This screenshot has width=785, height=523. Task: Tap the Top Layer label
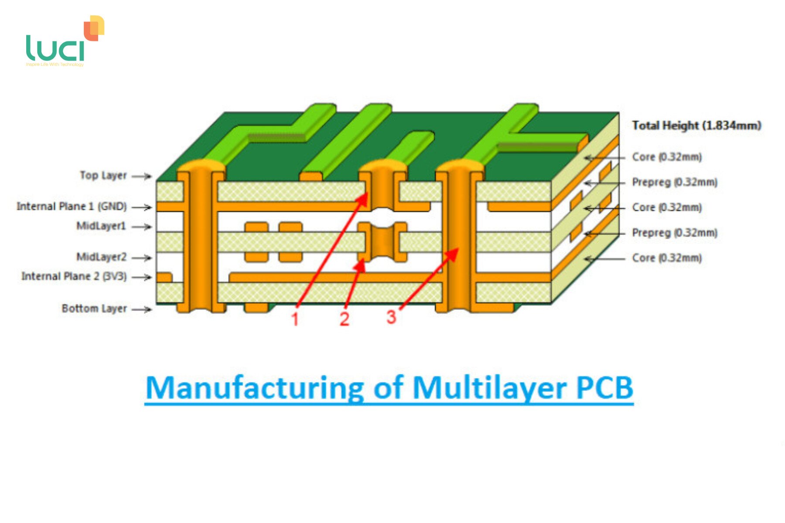[103, 175]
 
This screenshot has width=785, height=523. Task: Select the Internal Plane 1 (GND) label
[72, 206]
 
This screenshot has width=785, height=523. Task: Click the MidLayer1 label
[101, 226]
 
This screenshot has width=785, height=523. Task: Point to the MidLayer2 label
[101, 257]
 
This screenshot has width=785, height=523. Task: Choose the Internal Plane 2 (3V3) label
[74, 276]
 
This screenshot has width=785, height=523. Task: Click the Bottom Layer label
[94, 309]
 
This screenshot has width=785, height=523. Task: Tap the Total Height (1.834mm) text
[696, 126]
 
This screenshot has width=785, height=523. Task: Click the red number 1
[295, 319]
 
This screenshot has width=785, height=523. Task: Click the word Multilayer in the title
[488, 387]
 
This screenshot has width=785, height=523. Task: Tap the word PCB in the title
[604, 387]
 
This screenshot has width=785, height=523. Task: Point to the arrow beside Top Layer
[142, 177]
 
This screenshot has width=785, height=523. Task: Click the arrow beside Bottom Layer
[142, 309]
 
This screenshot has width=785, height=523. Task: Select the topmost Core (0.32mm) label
[667, 157]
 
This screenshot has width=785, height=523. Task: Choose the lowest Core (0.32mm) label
[667, 258]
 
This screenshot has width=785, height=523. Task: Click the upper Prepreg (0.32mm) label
[675, 182]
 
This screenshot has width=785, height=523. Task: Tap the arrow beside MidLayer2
[142, 258]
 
